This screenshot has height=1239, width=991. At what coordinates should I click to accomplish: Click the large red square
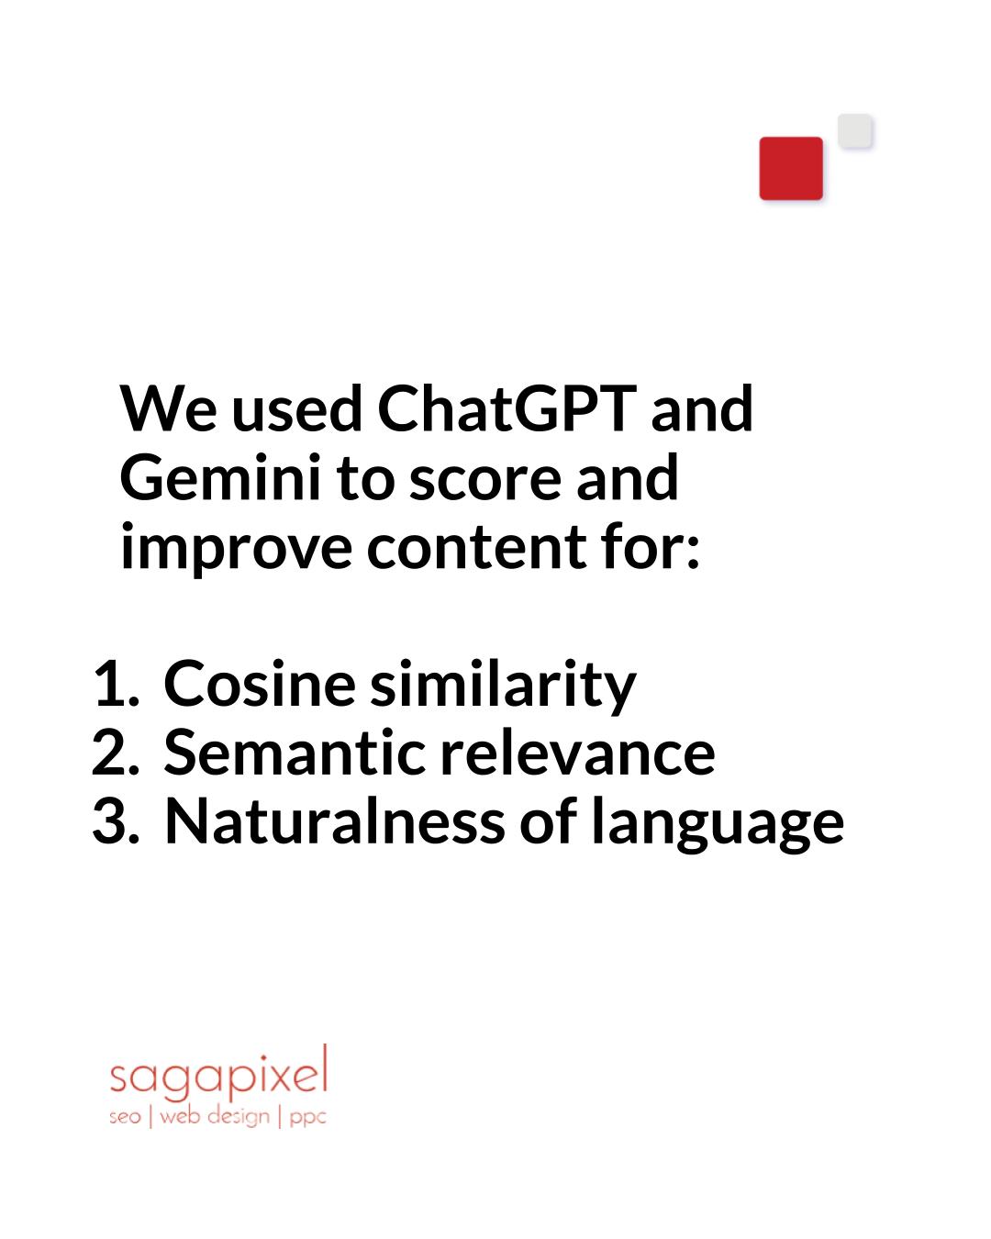pos(791,168)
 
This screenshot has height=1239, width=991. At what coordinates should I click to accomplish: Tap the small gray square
pos(854,131)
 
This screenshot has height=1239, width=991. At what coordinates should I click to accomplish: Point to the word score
pos(484,481)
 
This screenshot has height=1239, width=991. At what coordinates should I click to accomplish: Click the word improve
pos(236,549)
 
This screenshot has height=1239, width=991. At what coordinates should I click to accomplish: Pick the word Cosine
pos(259,684)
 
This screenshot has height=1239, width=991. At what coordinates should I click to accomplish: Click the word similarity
pos(503,686)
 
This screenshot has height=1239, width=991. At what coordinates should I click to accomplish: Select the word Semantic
pos(295,753)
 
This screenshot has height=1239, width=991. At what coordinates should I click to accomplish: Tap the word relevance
pos(577,753)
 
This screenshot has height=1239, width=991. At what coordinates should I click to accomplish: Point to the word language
pos(718,824)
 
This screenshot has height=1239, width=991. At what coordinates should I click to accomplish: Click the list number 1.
pos(116,684)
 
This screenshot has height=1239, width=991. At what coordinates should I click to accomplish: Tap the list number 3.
pos(116,821)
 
